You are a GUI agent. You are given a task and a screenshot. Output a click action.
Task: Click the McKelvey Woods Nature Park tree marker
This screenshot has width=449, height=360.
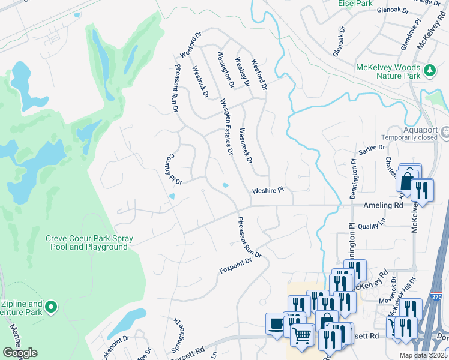point(430,70)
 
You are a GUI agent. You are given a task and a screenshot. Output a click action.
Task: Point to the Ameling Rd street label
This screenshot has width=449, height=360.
point(383,205)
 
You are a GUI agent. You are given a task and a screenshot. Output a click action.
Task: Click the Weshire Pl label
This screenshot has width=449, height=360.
point(267,190)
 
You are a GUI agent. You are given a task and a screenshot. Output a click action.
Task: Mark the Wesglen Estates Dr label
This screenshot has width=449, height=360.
point(226,125)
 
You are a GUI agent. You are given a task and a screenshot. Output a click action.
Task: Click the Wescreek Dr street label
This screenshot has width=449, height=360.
point(244,146)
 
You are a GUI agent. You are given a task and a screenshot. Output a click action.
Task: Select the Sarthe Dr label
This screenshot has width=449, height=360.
point(371,148)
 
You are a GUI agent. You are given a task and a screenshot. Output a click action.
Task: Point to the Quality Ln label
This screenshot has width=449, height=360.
point(370,226)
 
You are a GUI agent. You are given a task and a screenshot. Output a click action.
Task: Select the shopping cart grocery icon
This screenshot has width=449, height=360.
point(301,334)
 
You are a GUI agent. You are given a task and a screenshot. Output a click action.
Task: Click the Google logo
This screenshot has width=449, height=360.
point(20,353)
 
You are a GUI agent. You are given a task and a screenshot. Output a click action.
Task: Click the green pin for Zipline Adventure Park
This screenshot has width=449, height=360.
point(51,308)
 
